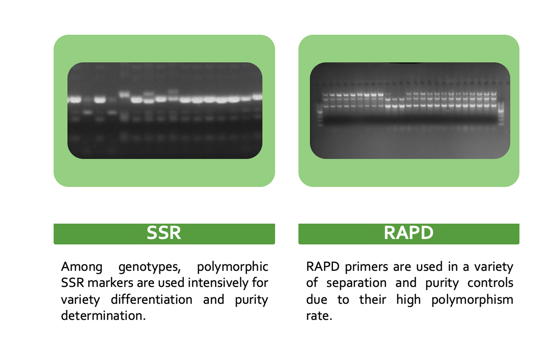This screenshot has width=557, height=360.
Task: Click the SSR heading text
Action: click(164, 233)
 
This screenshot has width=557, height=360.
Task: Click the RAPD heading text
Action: click(408, 233)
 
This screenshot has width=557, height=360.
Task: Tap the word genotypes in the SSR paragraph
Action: click(149, 267)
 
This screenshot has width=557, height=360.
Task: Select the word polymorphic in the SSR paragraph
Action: click(232, 267)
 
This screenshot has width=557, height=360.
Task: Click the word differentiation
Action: click(151, 299)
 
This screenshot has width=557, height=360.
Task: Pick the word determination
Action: click(103, 315)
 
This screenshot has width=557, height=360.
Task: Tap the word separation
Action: click(356, 284)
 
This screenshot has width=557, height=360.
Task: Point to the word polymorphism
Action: click(472, 300)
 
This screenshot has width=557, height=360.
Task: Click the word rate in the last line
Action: click(319, 316)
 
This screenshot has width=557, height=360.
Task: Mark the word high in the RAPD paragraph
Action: click(408, 300)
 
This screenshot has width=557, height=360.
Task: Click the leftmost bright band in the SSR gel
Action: click(75, 100)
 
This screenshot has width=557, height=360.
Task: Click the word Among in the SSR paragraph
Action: click(82, 267)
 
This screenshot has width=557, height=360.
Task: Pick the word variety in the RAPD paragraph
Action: click(494, 267)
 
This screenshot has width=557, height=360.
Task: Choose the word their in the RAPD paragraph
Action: click(372, 299)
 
